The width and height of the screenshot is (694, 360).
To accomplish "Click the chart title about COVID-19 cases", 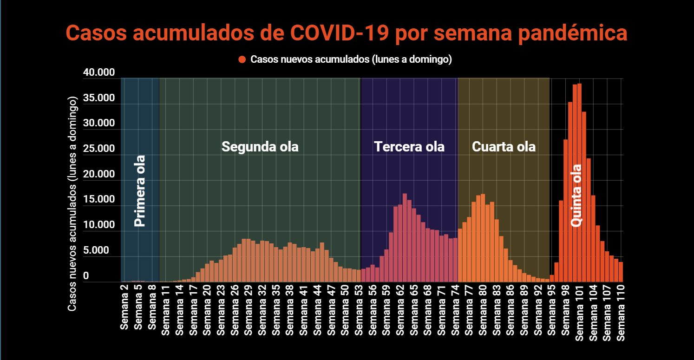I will point(347,33).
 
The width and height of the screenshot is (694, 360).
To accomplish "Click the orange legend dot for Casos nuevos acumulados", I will point(242,59).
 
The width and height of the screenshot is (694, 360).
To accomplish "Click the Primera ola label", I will point(139,190).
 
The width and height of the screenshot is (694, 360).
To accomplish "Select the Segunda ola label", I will point(260,147).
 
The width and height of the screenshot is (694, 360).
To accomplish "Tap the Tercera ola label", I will point(409,147).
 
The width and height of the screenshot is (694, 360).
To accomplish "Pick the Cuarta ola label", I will point(504,147).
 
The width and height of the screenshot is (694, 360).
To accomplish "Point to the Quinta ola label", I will point(576,195).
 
